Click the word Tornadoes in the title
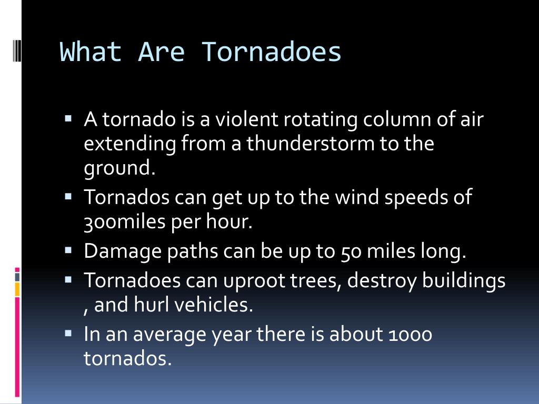point(271,52)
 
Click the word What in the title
point(91,52)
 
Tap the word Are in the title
point(161,52)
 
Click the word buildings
point(464,281)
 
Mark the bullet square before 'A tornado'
point(68,119)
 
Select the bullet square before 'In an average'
point(68,333)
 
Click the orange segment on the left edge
point(17,289)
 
